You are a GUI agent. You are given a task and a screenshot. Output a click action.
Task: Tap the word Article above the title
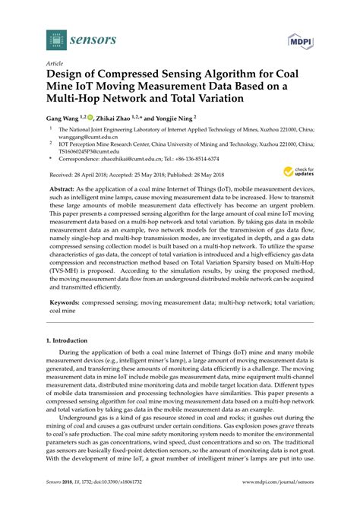(55, 65)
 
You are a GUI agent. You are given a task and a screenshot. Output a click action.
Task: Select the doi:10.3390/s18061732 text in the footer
(114, 501)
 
